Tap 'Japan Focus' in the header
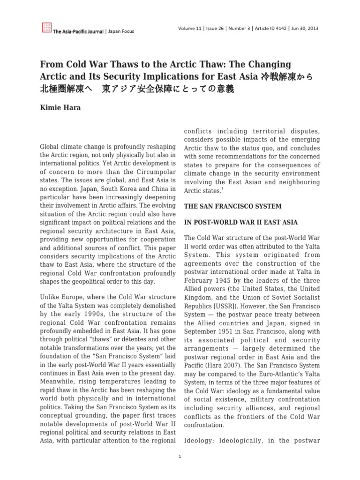pos(121,31)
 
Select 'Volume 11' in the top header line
pos(191,28)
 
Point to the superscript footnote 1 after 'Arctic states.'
pos(222,189)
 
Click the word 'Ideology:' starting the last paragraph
pos(200,441)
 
